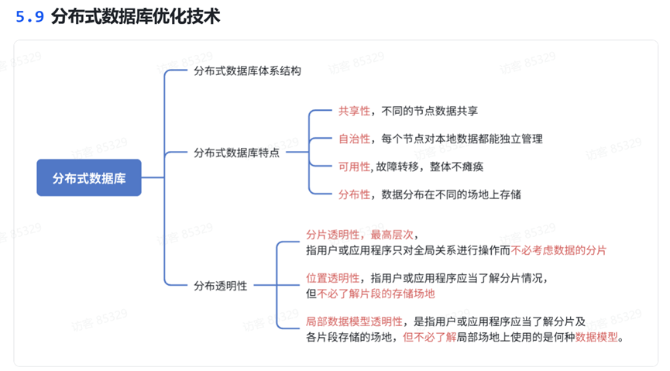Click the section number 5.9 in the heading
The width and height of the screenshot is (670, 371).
point(30,16)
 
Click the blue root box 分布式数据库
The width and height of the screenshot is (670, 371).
point(89,178)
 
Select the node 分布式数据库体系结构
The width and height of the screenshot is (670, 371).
point(247,70)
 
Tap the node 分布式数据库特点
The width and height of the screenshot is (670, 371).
point(236,153)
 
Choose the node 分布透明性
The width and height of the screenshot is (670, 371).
point(220,286)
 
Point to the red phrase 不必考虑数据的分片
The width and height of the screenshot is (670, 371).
point(558,250)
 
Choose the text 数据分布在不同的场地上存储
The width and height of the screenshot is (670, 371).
point(452,194)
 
